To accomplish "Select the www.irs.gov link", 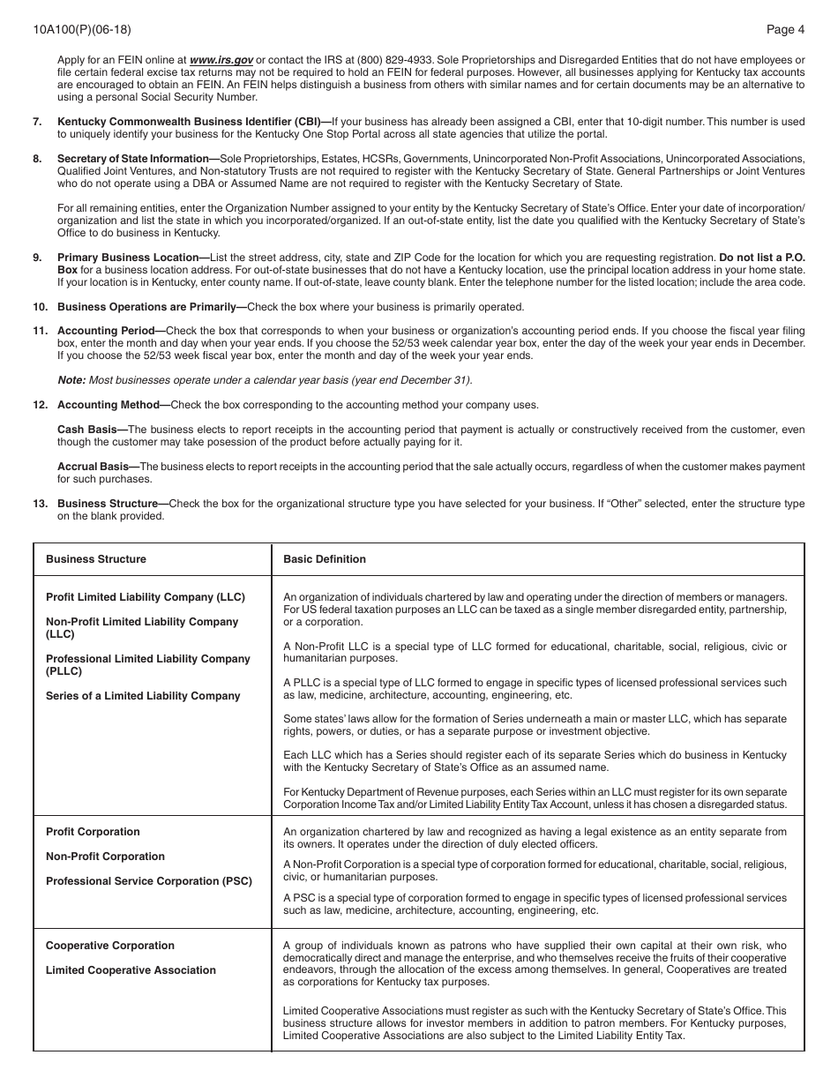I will point(221,60).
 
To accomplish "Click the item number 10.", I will point(41,307).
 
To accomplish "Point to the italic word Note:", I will point(71,380).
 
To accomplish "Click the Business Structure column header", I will point(96,559).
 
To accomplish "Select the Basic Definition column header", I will point(324,559).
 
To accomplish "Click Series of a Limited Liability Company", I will point(143,696).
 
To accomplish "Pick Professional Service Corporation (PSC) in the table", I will point(148,881).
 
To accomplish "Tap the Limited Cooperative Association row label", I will point(131,970).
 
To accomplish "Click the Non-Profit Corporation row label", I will point(105,857).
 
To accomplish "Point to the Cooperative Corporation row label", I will point(110,946).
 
